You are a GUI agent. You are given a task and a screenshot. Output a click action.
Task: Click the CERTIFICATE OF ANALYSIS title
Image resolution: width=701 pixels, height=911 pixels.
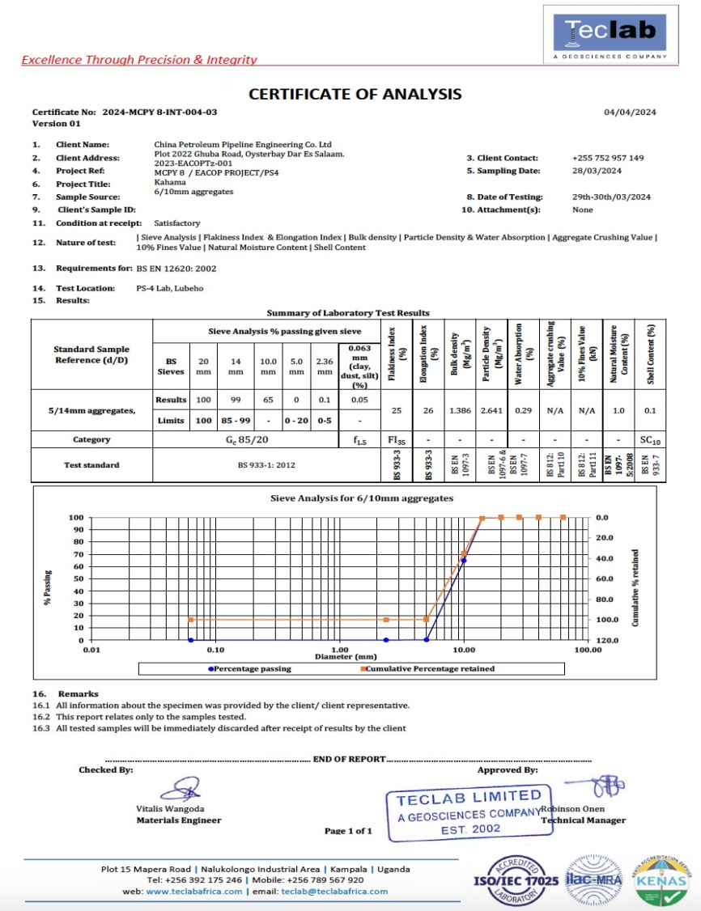tap(355, 94)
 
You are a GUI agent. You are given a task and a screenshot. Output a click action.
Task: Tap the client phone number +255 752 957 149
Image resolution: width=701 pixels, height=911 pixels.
tap(607, 158)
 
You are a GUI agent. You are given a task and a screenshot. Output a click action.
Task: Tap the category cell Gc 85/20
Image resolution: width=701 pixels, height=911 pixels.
tap(246, 439)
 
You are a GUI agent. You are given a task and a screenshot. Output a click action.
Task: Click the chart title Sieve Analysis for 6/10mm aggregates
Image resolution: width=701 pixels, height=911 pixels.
tap(362, 498)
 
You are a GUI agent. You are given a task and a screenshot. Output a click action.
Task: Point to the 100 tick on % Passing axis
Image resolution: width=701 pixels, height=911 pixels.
tap(77, 517)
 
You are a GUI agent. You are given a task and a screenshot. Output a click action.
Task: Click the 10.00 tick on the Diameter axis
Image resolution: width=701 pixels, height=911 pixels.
tap(464, 649)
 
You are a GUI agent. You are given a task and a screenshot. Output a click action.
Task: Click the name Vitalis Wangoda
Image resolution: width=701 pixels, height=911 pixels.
tap(170, 808)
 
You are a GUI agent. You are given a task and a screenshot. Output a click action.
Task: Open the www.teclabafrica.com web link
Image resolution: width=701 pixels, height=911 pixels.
tap(194, 891)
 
